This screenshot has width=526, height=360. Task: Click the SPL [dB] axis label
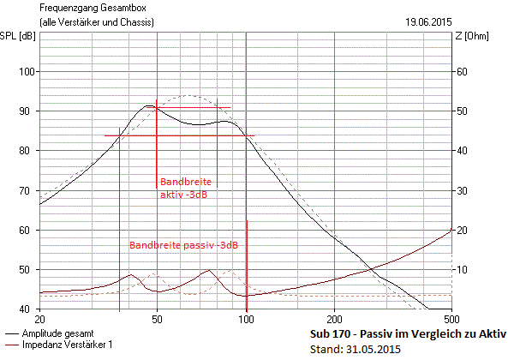click(x=18, y=35)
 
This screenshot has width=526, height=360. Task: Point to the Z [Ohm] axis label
click(x=472, y=35)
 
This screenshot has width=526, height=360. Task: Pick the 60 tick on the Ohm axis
click(x=460, y=72)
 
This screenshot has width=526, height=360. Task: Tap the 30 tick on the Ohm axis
click(x=460, y=190)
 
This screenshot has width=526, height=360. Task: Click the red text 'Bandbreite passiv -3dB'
click(x=183, y=245)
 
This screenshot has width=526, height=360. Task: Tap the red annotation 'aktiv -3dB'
click(x=183, y=195)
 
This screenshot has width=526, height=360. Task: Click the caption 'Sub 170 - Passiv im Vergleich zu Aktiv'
click(x=406, y=333)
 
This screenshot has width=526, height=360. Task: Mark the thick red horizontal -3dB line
click(x=179, y=135)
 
